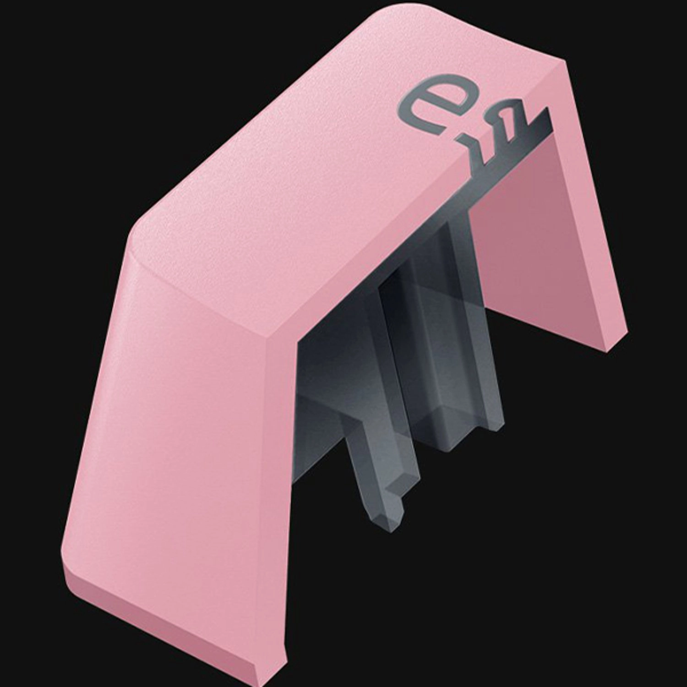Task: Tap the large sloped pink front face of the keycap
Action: point(183,458)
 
